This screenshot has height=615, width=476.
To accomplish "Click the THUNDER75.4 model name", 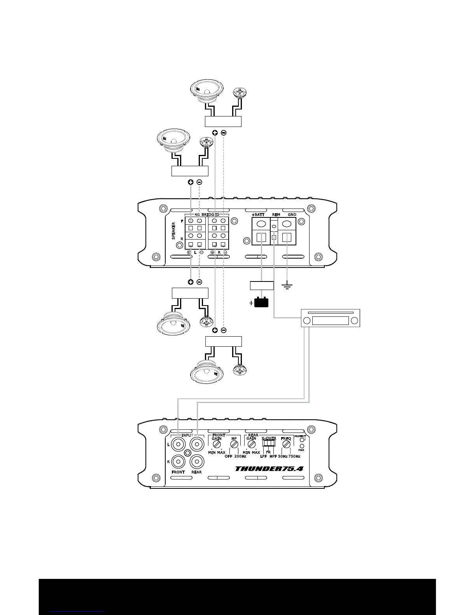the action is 269,469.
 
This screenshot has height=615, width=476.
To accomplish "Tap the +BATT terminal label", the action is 258,215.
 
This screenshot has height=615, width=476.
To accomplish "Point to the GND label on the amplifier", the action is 292,215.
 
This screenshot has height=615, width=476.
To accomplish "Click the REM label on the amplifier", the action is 276,215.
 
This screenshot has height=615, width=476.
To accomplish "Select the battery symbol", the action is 261,302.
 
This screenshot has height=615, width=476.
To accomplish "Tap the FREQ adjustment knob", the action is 287,444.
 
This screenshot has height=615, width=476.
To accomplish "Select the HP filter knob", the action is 234,444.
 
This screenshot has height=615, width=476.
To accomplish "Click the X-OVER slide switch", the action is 269,443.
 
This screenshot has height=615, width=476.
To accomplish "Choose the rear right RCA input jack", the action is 197,462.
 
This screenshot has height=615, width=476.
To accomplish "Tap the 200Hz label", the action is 240,456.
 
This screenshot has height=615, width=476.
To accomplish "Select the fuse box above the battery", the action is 261,286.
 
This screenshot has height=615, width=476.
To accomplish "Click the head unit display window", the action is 331,321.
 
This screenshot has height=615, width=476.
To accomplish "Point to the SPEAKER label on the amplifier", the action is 174,231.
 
